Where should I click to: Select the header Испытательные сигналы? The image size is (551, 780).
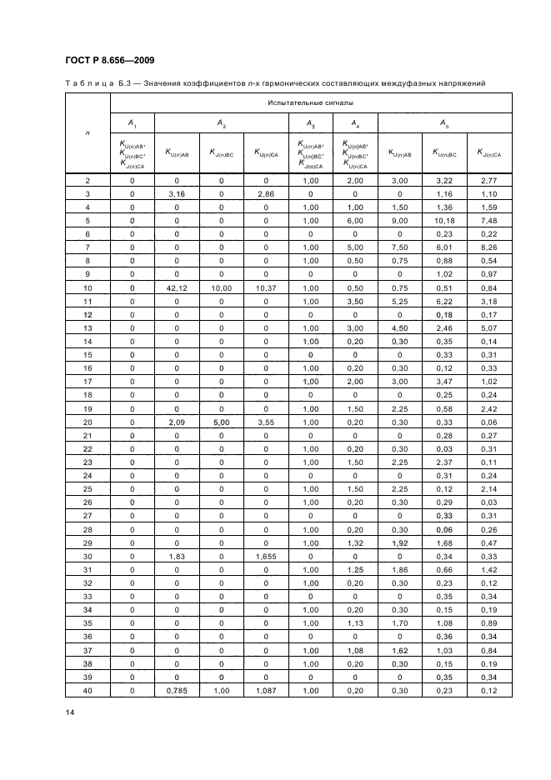pos(310,102)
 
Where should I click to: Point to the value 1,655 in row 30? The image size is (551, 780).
pos(266,556)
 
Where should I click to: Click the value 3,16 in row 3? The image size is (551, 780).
pos(177,194)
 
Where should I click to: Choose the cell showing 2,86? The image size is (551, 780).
pos(266,194)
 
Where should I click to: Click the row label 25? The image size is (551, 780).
pos(88,488)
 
